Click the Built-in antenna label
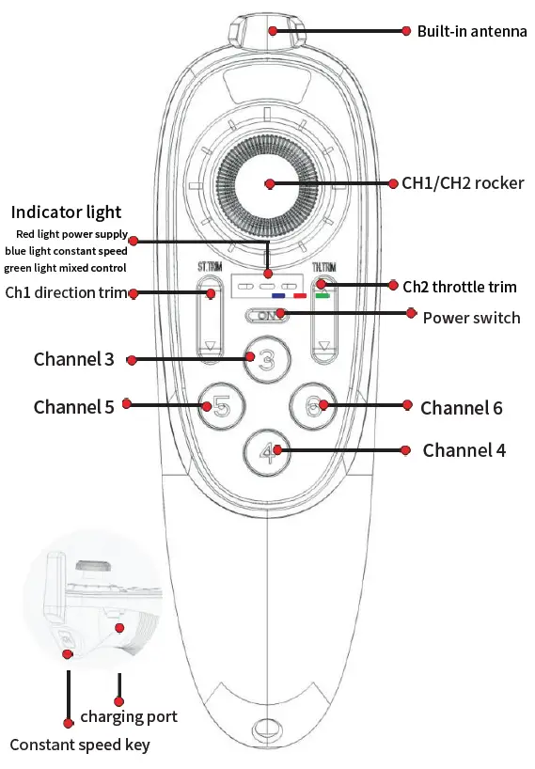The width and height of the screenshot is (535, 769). pos(472,31)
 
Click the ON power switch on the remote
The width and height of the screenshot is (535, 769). pos(267,317)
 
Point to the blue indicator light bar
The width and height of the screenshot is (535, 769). pos(278,295)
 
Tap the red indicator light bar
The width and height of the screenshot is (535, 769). pos(300,295)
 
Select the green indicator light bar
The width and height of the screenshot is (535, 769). pos(322,295)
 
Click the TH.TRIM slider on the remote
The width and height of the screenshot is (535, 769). pos(325,320)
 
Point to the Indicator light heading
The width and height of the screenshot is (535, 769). pos(66,212)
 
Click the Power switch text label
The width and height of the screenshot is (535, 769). pos(471,318)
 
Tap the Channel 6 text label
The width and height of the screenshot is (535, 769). pos(461,408)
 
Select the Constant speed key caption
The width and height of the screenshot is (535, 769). pos(80,745)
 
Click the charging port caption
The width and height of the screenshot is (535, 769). pos(129,717)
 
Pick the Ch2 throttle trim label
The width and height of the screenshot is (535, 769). pos(460,286)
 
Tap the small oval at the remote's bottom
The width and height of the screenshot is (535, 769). pos(267,730)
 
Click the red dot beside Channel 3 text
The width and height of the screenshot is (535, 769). pos(133,360)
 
